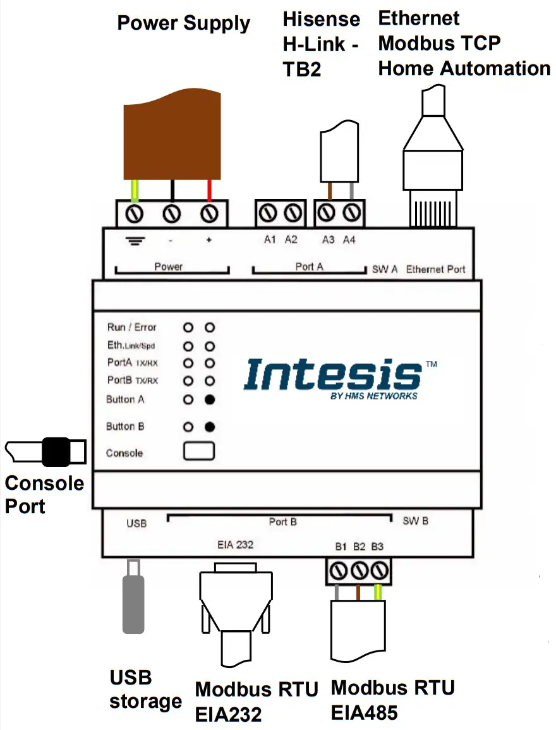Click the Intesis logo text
332,375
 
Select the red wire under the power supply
209,190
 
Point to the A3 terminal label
329,240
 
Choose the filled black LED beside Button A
210,399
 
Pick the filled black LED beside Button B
210,427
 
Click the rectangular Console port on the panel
199,451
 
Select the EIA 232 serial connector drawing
234,607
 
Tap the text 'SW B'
416,521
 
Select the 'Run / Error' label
131,327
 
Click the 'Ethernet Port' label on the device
435,269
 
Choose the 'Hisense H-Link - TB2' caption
320,44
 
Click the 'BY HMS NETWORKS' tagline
373,396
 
